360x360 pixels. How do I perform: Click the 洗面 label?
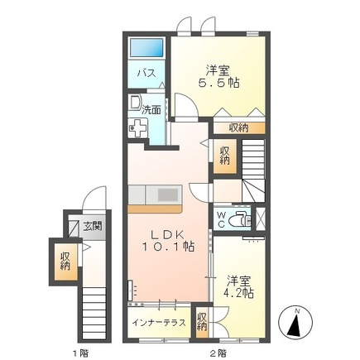coord(152,108)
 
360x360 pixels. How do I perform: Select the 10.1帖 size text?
coord(166,247)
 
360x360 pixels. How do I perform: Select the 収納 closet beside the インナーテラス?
coord(202,321)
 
